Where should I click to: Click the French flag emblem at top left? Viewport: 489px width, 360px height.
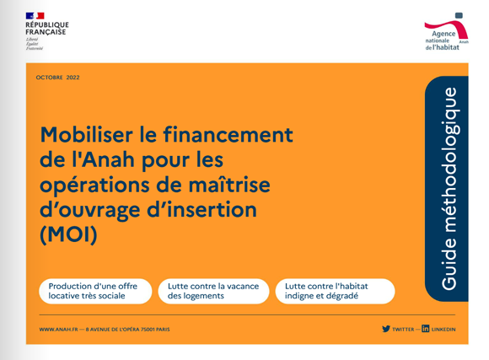point(35,16)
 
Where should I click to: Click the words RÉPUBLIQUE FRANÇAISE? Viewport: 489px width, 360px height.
point(47,29)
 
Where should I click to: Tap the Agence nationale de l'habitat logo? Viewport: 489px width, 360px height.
point(446,32)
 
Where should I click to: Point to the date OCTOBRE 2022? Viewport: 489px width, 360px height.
point(57,78)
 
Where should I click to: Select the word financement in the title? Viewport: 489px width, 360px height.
point(228,135)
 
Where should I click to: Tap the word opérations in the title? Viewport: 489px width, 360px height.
point(94,185)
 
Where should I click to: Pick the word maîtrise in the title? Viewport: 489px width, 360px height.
point(229,185)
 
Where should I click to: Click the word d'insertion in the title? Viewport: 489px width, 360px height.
point(202,209)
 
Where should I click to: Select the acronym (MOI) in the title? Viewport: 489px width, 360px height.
point(68,234)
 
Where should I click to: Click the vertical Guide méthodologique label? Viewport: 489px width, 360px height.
point(449,189)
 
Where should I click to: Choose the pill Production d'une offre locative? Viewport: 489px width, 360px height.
point(95,291)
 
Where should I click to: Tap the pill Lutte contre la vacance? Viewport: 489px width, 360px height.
point(213,291)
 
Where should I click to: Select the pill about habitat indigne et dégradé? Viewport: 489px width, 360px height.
point(336,291)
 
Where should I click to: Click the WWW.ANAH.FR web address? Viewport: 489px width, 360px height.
point(59,330)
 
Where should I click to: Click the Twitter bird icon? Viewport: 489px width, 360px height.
point(386,329)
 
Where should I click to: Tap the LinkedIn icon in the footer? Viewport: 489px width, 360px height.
point(426,329)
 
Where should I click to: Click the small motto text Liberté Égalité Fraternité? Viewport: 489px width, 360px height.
point(35,44)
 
